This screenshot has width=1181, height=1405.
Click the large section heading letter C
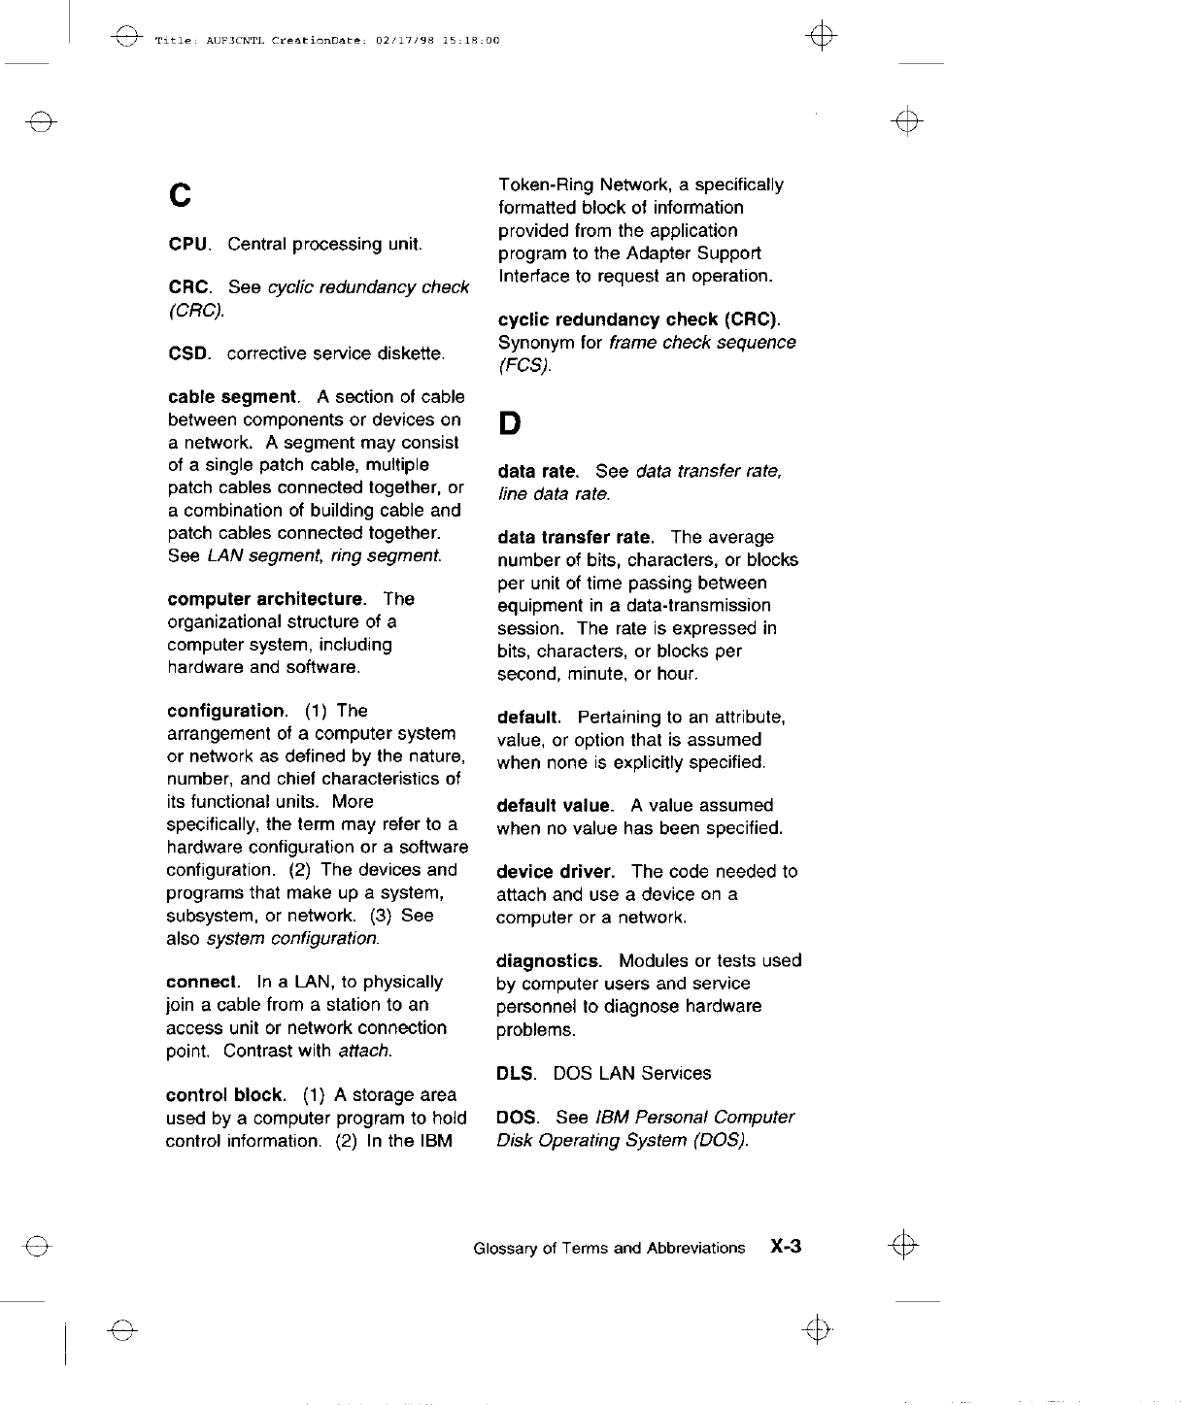[x=179, y=195]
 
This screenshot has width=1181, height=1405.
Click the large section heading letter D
[x=509, y=423]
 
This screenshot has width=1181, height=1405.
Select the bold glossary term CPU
[x=189, y=244]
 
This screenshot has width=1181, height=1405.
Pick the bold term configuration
[x=226, y=711]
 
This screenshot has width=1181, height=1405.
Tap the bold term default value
[x=554, y=806]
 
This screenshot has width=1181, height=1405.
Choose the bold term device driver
[x=555, y=872]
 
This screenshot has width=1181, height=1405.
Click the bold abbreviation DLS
[x=515, y=1073]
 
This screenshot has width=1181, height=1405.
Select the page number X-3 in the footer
[x=785, y=1247]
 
